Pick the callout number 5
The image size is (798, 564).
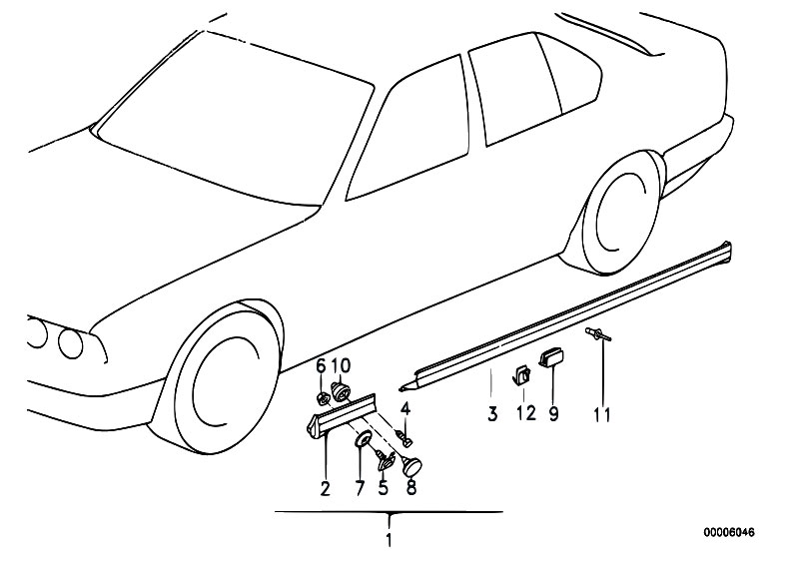383,488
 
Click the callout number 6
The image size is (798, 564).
322,365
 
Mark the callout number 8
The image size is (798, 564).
409,488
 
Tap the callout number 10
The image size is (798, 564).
341,365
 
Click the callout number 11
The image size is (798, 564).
602,411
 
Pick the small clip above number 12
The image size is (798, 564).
521,375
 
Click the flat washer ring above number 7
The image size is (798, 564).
361,441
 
